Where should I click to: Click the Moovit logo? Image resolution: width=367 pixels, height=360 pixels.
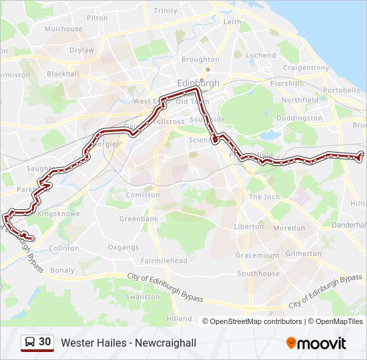(x=316, y=343)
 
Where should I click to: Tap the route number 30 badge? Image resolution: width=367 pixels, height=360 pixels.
(x=37, y=342)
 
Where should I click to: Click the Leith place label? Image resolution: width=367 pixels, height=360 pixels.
(x=232, y=22)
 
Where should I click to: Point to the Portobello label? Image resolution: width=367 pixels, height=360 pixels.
(x=341, y=89)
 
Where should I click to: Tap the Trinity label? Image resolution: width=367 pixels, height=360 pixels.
(x=165, y=11)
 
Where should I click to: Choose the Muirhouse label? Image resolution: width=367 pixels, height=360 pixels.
(x=63, y=29)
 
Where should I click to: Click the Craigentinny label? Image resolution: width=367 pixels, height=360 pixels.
(x=306, y=68)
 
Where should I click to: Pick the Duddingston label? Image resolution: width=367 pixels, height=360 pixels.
(x=299, y=118)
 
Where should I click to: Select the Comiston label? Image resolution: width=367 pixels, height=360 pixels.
(x=143, y=195)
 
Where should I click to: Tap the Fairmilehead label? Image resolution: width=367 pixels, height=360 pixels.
(x=163, y=261)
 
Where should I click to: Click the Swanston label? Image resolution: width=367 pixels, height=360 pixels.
(x=142, y=297)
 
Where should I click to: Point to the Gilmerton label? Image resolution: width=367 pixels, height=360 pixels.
(x=303, y=253)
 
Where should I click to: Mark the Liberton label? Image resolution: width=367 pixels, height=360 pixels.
(x=249, y=227)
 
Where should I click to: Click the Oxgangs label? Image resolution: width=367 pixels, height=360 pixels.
(x=123, y=247)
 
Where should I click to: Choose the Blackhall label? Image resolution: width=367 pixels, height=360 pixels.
(x=63, y=74)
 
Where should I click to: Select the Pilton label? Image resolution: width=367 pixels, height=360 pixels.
(x=97, y=18)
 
